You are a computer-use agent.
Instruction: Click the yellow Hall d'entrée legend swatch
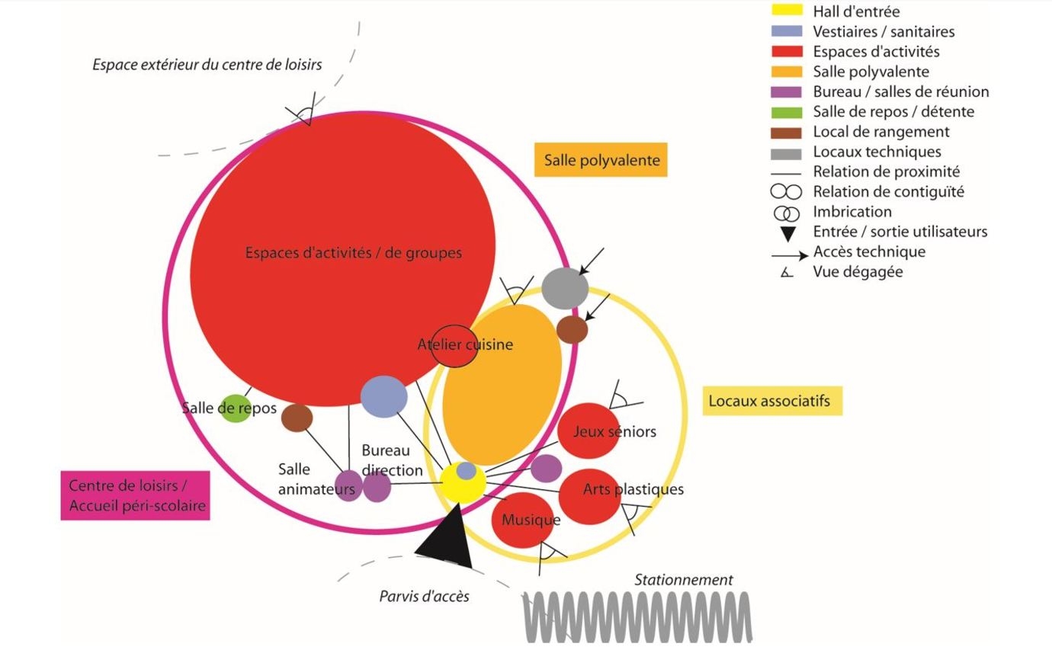pos(787,11)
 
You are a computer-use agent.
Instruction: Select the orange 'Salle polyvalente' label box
pos(601,160)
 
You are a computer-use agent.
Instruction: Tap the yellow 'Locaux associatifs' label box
pos(771,401)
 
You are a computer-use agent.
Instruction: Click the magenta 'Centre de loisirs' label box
pos(135,495)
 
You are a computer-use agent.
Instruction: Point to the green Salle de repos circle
pos(235,408)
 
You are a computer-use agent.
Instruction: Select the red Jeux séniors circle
pos(589,431)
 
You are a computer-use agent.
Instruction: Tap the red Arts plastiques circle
pos(591,495)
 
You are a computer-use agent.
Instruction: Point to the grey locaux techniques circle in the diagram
pos(565,288)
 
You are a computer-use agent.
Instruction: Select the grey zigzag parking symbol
pos(637,616)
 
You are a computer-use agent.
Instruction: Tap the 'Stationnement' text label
pos(684,580)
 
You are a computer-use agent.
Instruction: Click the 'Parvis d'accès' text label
pos(424,596)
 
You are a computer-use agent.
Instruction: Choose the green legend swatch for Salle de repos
pos(787,111)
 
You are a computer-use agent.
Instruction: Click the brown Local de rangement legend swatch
pos(787,131)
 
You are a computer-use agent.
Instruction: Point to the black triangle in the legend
pos(787,232)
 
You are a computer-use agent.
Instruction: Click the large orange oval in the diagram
pos(502,385)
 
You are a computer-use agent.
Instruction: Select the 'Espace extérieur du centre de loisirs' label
pos(207,65)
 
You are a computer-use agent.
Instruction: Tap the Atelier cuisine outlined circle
pos(454,345)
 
